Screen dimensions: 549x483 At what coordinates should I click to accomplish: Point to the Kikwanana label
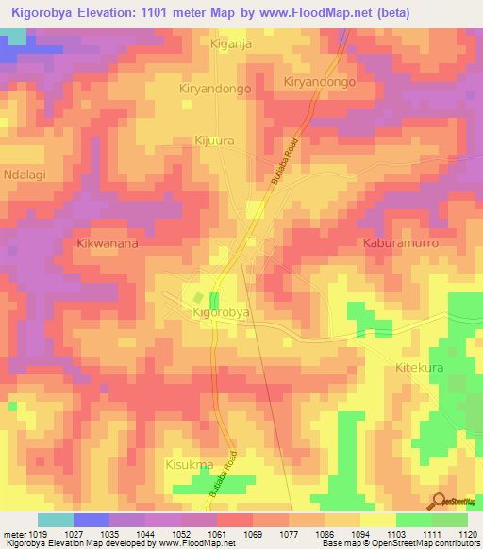(107, 243)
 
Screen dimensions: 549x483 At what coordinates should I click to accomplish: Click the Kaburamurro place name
(402, 243)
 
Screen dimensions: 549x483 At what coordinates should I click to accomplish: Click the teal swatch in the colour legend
(55, 520)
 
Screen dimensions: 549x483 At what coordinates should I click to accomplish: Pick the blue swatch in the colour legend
(92, 520)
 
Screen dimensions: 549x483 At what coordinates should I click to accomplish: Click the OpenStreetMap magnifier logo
(439, 501)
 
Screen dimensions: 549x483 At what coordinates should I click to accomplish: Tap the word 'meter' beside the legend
(14, 534)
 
